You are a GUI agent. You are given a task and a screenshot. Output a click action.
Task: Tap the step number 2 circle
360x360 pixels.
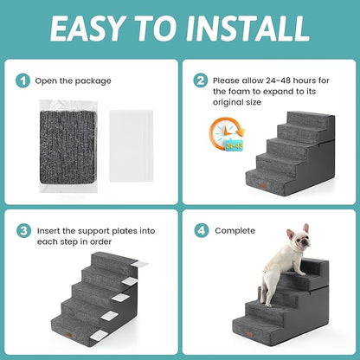201,80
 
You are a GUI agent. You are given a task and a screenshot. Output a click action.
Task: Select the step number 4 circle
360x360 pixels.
201,231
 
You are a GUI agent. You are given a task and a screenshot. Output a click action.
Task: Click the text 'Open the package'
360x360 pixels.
74,80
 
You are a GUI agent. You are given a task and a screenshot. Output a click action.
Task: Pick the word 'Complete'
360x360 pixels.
235,231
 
